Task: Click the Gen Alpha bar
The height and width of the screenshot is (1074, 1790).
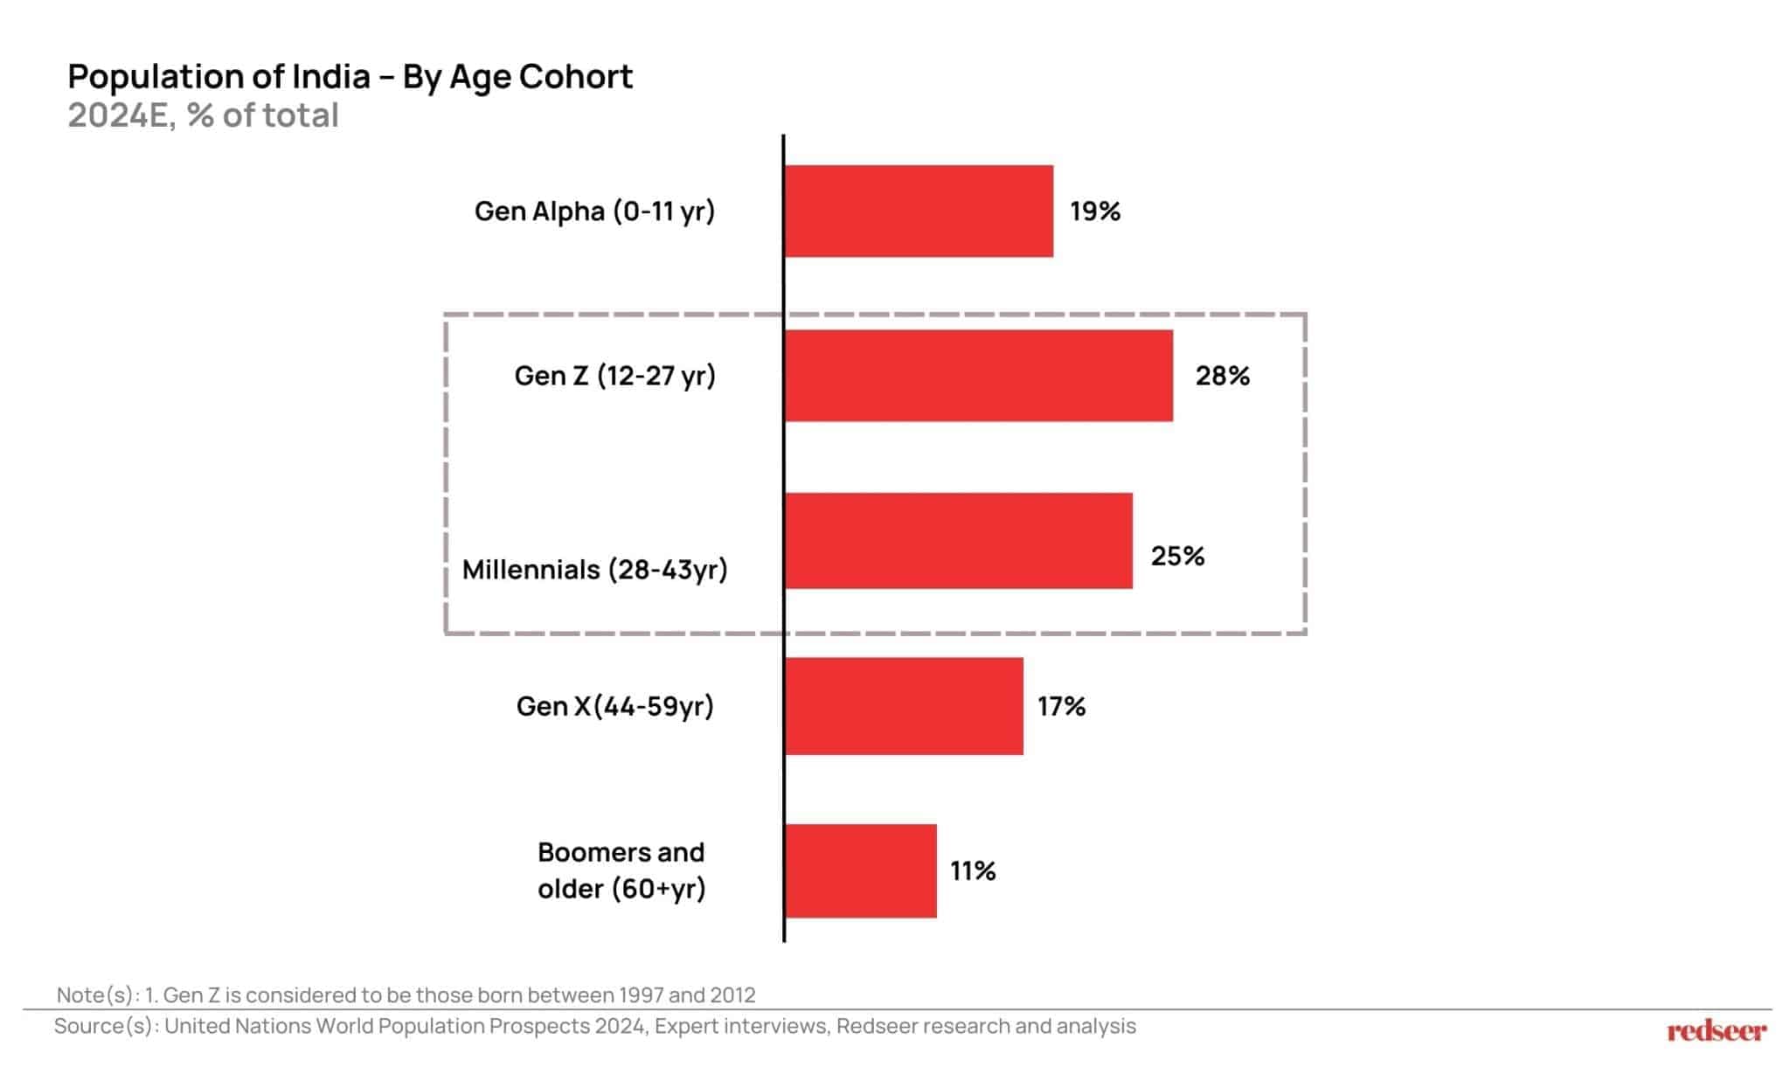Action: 919,211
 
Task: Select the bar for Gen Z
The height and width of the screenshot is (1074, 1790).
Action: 979,376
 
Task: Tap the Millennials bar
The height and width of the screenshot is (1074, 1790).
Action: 959,541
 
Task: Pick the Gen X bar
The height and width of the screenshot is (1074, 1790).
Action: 904,706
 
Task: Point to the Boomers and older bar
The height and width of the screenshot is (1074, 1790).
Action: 861,870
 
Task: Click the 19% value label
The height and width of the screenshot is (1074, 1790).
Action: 1095,211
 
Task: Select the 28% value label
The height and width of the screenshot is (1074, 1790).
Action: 1222,376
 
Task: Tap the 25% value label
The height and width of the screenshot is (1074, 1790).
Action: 1177,556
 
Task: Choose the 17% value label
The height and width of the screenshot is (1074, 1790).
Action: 1061,706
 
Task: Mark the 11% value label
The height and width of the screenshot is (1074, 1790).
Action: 973,871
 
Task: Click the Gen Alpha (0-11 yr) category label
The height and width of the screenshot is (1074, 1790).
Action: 594,211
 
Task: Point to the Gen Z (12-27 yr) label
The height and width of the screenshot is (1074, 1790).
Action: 614,376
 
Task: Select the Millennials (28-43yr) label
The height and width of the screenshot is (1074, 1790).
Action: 594,570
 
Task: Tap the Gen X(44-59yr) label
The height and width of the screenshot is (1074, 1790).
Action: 614,706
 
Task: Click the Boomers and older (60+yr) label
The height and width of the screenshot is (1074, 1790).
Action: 621,870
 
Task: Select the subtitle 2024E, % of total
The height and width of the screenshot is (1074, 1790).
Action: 203,115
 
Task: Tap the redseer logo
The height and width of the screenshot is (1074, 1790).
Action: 1716,1031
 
